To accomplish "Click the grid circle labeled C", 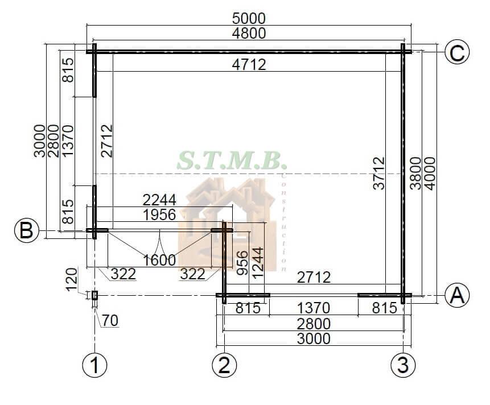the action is (457, 52).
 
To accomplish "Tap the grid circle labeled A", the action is (457, 295).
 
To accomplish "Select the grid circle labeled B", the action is (27, 231).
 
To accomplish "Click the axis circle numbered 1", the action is (94, 365).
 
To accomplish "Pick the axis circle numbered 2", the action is (224, 365).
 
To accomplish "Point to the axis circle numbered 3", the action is (403, 365).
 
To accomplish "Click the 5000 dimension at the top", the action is (249, 19).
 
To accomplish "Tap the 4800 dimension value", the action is (249, 33).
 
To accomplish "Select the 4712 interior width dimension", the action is (249, 65).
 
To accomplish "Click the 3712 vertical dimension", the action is (379, 173).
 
